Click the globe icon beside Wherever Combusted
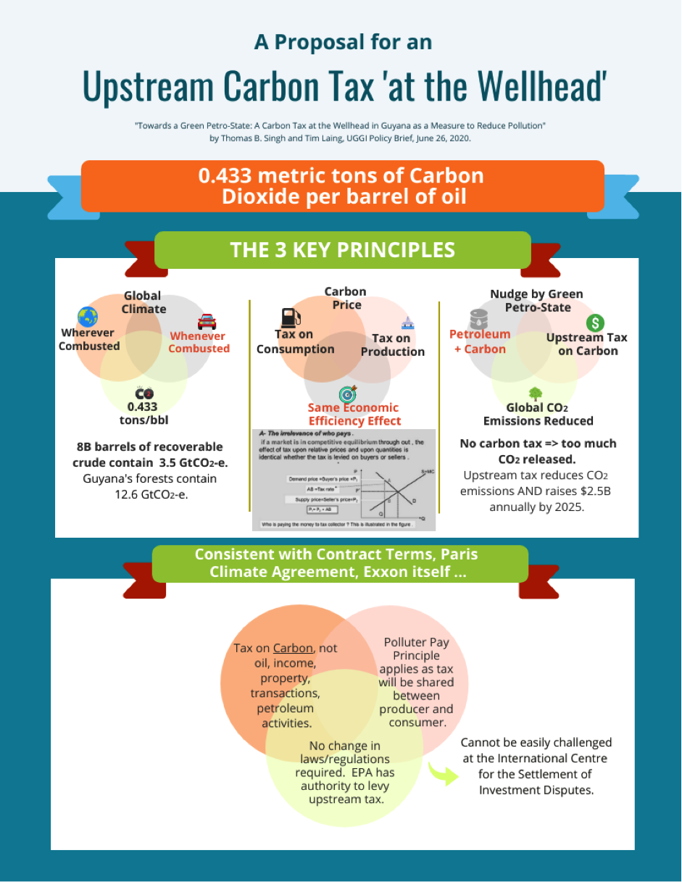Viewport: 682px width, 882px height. point(88,317)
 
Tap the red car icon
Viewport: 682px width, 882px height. point(207,321)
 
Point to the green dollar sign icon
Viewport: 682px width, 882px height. point(595,323)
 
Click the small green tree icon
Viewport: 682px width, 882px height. point(536,394)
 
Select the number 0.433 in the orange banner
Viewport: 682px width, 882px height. point(227,176)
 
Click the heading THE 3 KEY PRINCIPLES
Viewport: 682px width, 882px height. point(342,250)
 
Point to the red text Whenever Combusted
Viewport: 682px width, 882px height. point(199,342)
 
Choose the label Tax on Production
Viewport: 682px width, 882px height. point(392,345)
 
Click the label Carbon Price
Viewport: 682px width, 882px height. point(346,298)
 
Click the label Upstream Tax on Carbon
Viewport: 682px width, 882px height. point(586,344)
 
